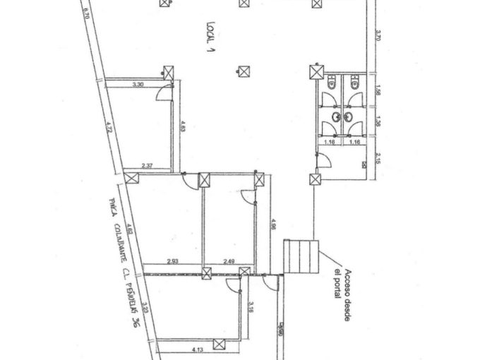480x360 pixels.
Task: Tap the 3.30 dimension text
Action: pyautogui.click(x=139, y=85)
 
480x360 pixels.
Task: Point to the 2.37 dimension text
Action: pyautogui.click(x=148, y=166)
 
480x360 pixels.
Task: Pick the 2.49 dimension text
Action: pyautogui.click(x=230, y=262)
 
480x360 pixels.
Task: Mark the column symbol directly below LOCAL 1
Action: pyautogui.click(x=244, y=71)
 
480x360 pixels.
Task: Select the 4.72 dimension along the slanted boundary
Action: pyautogui.click(x=109, y=128)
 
